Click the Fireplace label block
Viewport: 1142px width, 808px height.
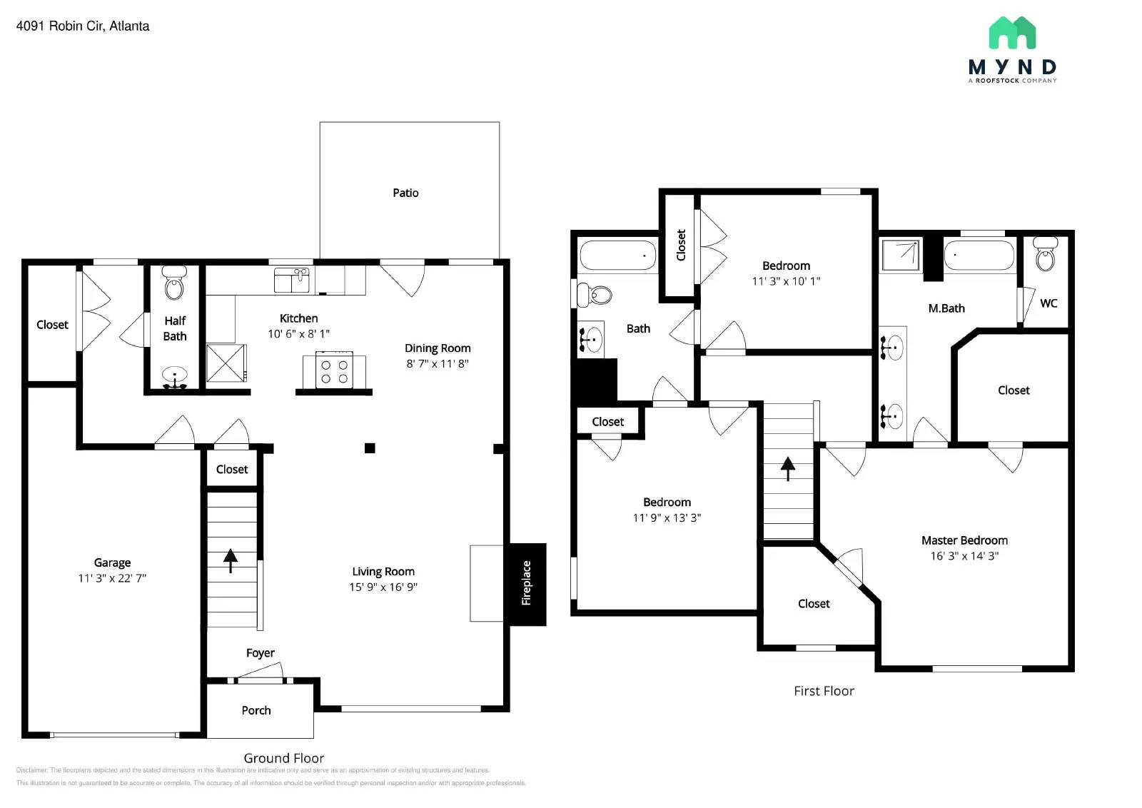click(x=527, y=584)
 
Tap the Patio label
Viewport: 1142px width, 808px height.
click(x=405, y=193)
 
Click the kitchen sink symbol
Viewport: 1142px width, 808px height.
click(x=291, y=280)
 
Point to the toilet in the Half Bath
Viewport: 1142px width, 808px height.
click(x=174, y=283)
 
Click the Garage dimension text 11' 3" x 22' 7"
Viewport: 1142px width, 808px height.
click(x=112, y=578)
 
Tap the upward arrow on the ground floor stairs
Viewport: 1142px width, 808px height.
click(x=231, y=560)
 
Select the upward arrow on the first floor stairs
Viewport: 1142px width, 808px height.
click(x=787, y=468)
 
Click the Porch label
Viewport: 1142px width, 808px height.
click(x=256, y=710)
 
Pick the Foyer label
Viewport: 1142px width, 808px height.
click(x=260, y=652)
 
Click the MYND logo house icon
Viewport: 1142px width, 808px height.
click(x=1012, y=33)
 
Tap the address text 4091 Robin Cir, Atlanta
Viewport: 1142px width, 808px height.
click(x=83, y=26)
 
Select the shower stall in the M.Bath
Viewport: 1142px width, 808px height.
click(x=901, y=256)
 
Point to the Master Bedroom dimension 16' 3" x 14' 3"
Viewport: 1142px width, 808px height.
click(x=964, y=556)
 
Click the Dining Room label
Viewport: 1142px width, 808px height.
click(x=438, y=348)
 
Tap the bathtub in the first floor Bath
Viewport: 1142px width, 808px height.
click(x=617, y=255)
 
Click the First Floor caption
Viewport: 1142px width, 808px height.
click(x=824, y=691)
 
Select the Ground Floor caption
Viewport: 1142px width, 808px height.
click(x=283, y=758)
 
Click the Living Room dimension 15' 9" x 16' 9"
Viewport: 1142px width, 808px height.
click(x=383, y=587)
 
